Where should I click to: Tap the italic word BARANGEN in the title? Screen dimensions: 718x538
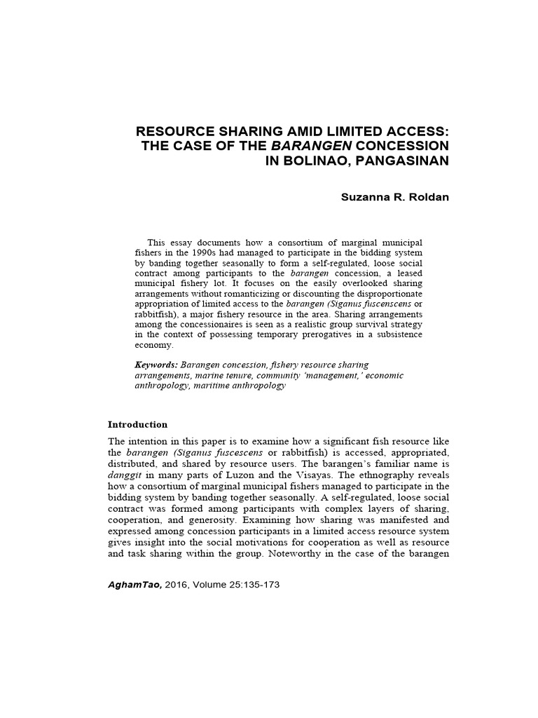click(312, 146)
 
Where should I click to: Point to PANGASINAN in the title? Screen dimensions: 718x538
click(404, 160)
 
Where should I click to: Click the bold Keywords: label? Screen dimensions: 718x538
click(157, 365)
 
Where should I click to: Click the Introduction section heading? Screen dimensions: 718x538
click(137, 424)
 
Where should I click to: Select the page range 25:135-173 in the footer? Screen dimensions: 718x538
click(251, 584)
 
